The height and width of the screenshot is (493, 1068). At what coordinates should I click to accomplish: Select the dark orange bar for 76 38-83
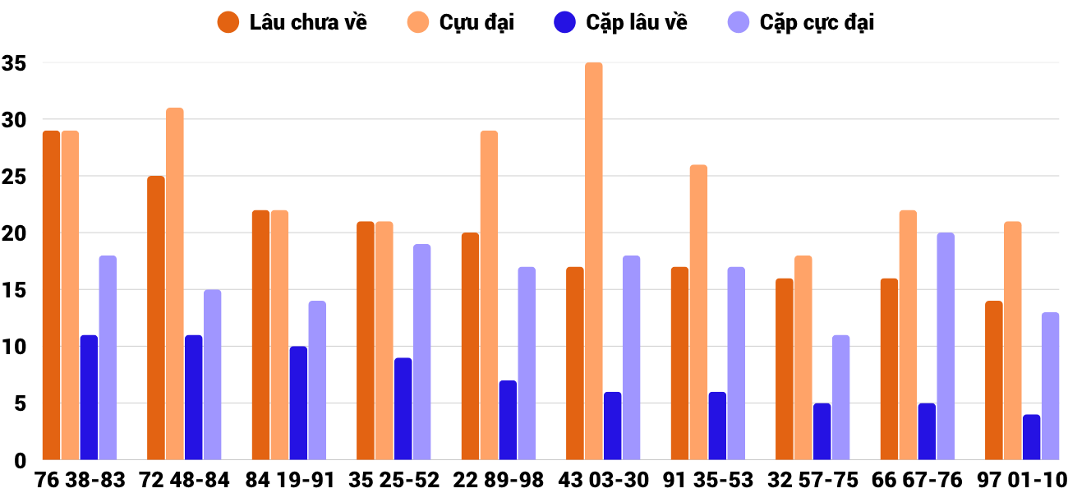coord(52,296)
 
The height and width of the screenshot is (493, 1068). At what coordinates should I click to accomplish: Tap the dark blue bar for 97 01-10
coord(1031,437)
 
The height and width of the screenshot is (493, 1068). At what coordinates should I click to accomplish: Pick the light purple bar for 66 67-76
coord(946,347)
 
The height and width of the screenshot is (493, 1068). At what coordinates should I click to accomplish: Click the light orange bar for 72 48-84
coord(175,284)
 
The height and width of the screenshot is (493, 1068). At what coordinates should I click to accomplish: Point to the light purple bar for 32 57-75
coord(840,398)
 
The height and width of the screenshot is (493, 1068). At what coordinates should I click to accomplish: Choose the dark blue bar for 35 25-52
coord(403,409)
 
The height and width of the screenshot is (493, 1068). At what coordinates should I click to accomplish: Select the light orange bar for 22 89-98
coord(489,296)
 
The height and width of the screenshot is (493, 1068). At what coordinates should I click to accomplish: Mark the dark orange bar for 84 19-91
coord(260,335)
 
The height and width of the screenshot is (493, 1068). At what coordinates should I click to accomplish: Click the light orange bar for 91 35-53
coord(698,312)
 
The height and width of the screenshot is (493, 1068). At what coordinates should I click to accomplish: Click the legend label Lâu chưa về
coord(308,22)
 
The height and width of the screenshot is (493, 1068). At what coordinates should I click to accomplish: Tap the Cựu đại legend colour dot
coord(418,22)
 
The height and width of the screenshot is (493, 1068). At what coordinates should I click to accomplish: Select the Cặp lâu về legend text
coord(637,22)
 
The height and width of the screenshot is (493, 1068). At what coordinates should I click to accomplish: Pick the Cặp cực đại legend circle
coord(739,22)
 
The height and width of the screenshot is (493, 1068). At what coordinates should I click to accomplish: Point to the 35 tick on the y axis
coord(15,63)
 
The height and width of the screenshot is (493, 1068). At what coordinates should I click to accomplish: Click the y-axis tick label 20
coord(15,233)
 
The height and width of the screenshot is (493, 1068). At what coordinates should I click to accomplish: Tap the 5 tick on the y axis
coord(21,403)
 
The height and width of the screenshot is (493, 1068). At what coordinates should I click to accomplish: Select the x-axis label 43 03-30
coord(603,480)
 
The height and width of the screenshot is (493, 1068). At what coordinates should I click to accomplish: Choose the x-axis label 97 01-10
coord(1022,480)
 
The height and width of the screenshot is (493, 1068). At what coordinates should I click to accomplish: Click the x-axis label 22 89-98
coord(499,480)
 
